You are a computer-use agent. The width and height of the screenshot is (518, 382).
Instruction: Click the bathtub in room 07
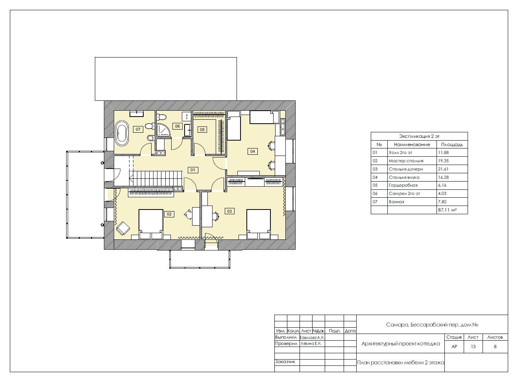pyautogui.click(x=122, y=133)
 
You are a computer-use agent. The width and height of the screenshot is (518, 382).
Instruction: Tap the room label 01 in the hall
pyautogui.click(x=192, y=170)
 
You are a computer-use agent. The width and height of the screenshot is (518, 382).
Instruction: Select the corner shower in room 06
pyautogui.click(x=163, y=130)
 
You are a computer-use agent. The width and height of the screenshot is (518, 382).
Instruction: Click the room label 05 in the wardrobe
pyautogui.click(x=202, y=130)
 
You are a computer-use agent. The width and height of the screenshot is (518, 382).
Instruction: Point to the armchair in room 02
pyautogui.click(x=123, y=228)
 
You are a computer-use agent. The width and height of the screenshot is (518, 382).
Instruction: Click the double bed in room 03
pyautogui.click(x=259, y=224)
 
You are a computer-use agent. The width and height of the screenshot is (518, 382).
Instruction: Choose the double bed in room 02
pyautogui.click(x=151, y=224)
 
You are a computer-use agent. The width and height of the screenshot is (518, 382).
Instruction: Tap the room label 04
pyautogui.click(x=253, y=151)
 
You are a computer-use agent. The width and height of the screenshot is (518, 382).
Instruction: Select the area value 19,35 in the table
pyautogui.click(x=443, y=161)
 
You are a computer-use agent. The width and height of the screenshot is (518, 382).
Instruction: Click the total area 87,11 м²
pyautogui.click(x=447, y=210)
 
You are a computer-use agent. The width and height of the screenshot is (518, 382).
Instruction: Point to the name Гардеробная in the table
pyautogui.click(x=403, y=185)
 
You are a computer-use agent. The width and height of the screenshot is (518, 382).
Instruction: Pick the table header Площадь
pyautogui.click(x=452, y=145)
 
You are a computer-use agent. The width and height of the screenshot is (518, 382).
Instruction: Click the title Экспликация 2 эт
pyautogui.click(x=419, y=136)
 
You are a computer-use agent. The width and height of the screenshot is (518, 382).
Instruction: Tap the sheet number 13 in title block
pyautogui.click(x=473, y=347)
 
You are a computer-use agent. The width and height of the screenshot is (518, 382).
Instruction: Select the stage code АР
pyautogui.click(x=454, y=347)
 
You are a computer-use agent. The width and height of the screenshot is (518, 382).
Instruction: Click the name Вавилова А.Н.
pyautogui.click(x=312, y=337)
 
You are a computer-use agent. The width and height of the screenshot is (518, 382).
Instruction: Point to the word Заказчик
pyautogui.click(x=285, y=362)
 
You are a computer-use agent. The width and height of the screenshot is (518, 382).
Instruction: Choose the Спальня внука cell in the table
pyautogui.click(x=404, y=178)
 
